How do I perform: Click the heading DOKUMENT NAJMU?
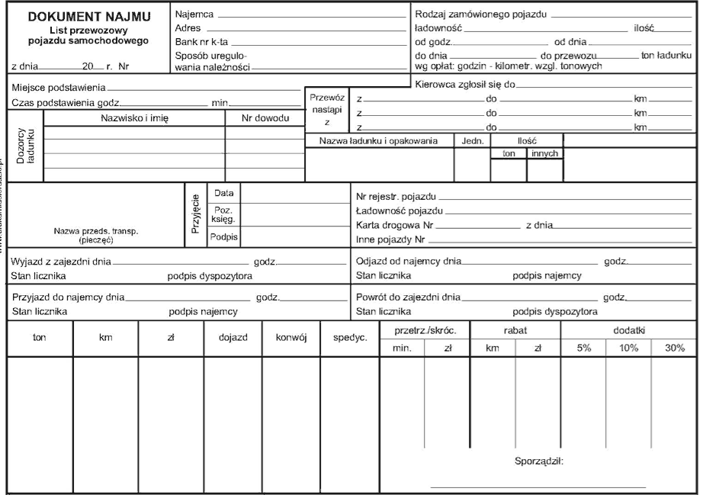coord(89,17)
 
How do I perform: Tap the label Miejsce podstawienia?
coord(58,88)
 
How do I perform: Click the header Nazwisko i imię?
coord(134,118)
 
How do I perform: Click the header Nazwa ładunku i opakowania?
coord(378,141)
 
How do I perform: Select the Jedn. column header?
coord(473,141)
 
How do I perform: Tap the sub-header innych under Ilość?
coord(545,153)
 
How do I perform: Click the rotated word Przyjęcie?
coord(195,215)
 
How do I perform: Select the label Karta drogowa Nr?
coord(394,225)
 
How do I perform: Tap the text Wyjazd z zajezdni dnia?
coord(61,262)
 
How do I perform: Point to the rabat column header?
coord(515,331)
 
